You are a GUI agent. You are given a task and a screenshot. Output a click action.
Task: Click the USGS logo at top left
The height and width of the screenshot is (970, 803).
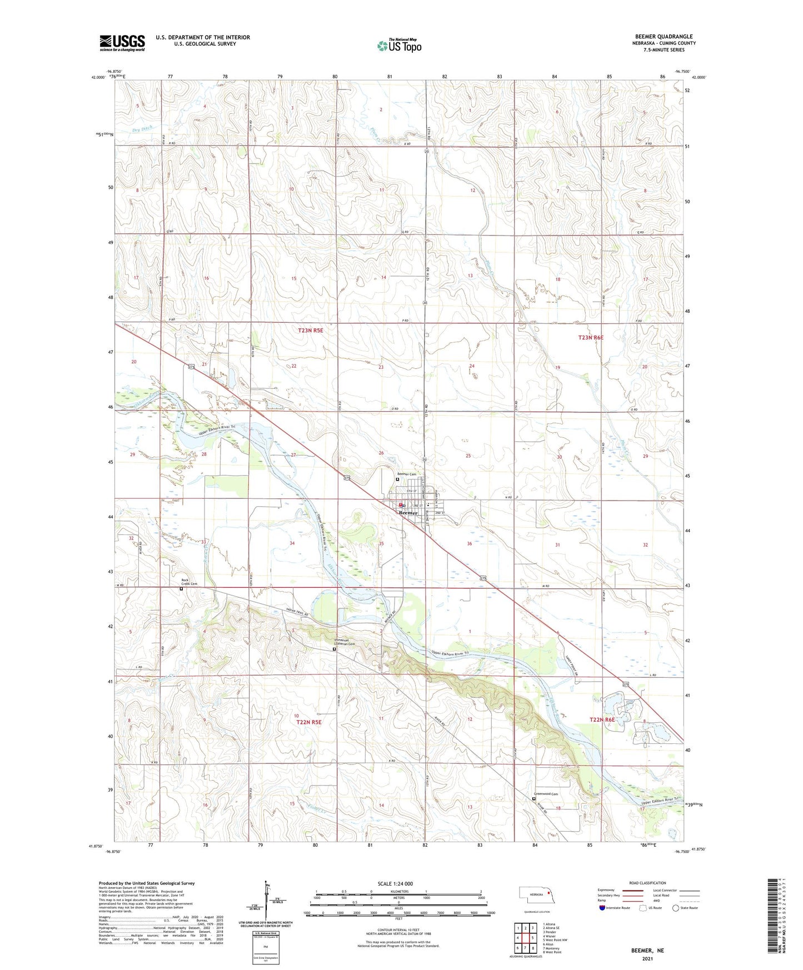(122, 43)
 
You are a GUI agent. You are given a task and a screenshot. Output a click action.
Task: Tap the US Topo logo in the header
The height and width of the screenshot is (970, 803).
(399, 46)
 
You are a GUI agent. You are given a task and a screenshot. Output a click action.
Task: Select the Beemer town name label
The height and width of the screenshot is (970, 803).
(408, 513)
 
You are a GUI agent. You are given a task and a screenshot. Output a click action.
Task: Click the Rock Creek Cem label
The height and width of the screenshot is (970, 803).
(189, 582)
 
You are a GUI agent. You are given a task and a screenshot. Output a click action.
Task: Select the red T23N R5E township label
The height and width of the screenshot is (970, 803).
(310, 331)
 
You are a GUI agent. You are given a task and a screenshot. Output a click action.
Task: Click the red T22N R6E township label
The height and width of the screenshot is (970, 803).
(602, 720)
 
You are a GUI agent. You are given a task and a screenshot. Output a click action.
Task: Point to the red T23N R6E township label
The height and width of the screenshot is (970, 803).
(590, 338)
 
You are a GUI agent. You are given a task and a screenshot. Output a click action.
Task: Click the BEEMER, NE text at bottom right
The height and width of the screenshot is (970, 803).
(647, 951)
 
